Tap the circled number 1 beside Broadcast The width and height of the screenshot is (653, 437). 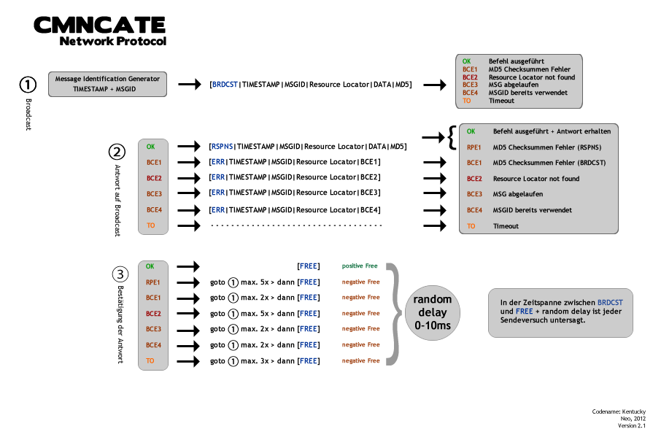coord(28,85)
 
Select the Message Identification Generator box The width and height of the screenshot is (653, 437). coord(108,83)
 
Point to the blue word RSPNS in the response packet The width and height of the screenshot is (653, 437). coord(222,147)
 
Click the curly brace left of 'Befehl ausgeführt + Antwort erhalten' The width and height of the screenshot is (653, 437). coord(452,136)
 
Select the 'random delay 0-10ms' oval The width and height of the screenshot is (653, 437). coord(433,312)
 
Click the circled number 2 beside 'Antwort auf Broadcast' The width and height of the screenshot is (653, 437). coord(117,152)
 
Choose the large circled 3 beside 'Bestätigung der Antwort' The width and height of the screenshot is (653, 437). coord(120,275)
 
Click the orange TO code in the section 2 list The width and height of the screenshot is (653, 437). coord(151,225)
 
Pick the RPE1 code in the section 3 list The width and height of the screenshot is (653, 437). coord(152,282)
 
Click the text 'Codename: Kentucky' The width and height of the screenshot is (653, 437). coord(619,412)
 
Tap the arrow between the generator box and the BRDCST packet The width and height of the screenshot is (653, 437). coord(190,85)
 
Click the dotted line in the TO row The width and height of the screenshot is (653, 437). coord(296,225)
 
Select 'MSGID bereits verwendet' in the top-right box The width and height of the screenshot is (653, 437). coord(528,93)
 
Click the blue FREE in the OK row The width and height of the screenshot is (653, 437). coord(309,266)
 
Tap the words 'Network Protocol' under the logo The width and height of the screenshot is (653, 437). coord(113,41)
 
